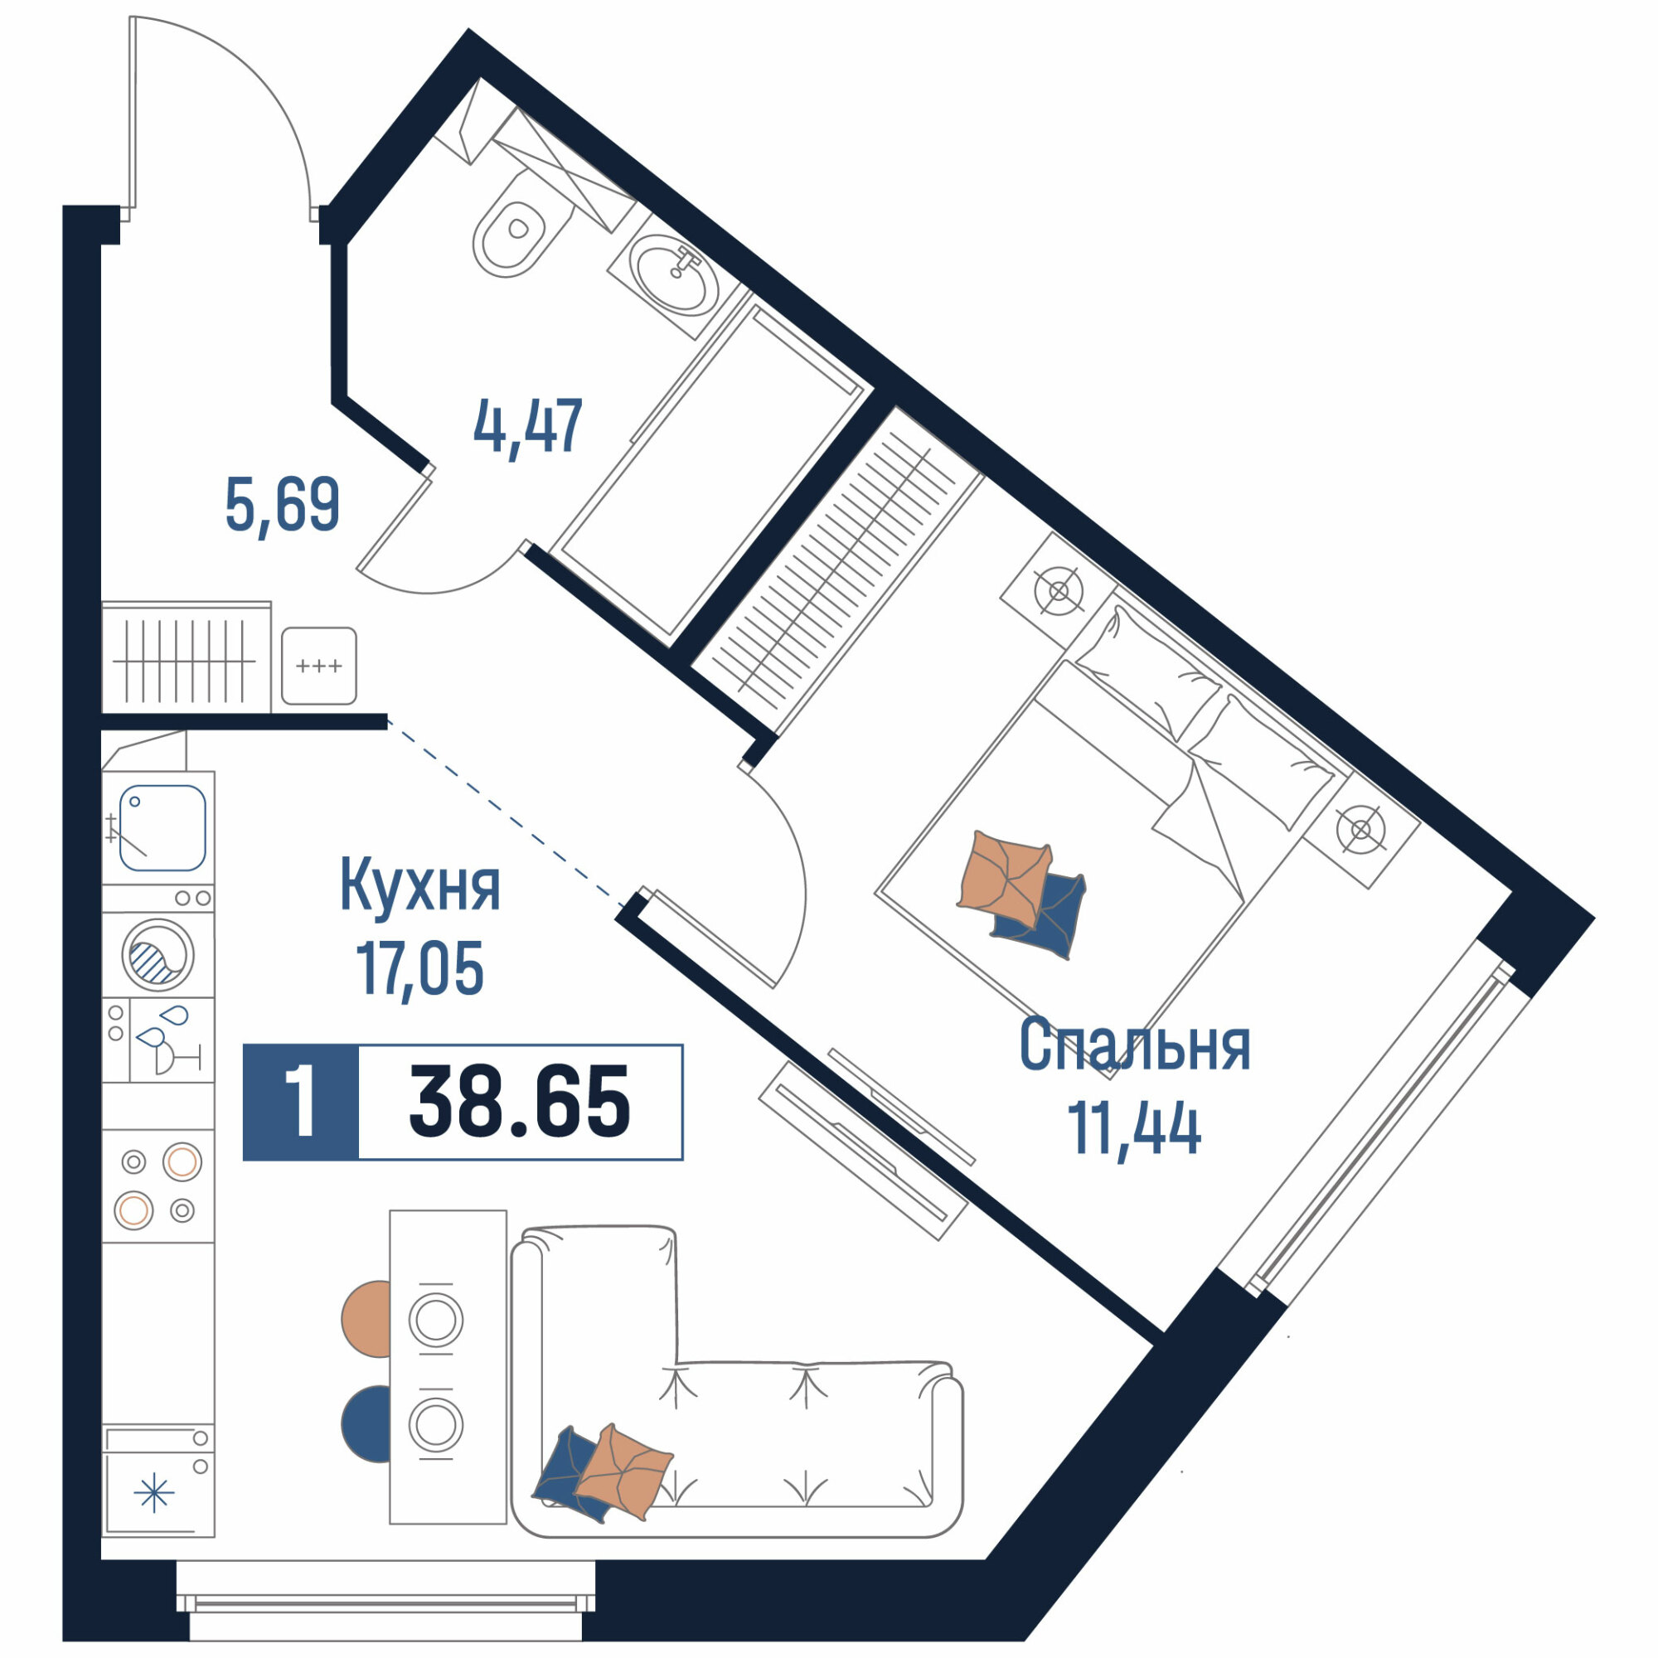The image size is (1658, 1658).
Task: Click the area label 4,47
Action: (x=528, y=426)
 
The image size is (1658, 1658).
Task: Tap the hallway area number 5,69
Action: (x=283, y=505)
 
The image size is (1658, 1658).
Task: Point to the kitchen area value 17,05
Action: (x=419, y=968)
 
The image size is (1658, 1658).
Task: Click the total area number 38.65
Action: (x=520, y=1103)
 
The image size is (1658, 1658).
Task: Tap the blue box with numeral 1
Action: (x=300, y=1103)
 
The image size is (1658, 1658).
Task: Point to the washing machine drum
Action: (x=158, y=954)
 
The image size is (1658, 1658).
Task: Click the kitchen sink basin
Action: (x=162, y=828)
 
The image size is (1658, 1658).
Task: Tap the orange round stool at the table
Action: (x=366, y=1319)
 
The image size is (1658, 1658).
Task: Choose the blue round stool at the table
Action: (x=366, y=1424)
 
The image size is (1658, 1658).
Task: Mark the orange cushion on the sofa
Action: (x=623, y=1472)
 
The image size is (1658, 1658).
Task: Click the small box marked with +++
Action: (x=318, y=666)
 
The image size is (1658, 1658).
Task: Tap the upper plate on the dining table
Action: (x=436, y=1319)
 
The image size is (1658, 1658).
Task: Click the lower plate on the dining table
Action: (x=436, y=1424)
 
